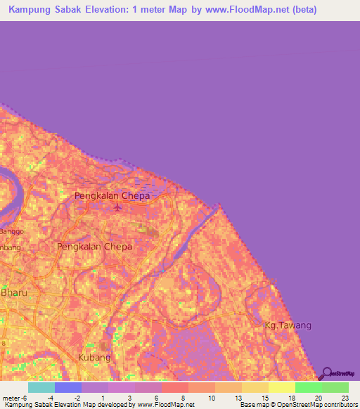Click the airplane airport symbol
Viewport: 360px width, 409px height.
(x=117, y=207)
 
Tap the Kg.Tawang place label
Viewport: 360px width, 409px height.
(x=287, y=326)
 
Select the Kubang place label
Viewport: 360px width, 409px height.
(x=95, y=358)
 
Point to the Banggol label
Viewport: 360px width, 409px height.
(x=12, y=231)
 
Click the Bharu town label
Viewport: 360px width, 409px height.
(x=13, y=292)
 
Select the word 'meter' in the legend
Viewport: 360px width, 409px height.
(x=12, y=398)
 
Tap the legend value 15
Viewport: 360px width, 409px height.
(x=264, y=398)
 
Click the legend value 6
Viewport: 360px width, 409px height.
(x=157, y=398)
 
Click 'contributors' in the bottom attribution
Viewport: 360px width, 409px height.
(x=339, y=405)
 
